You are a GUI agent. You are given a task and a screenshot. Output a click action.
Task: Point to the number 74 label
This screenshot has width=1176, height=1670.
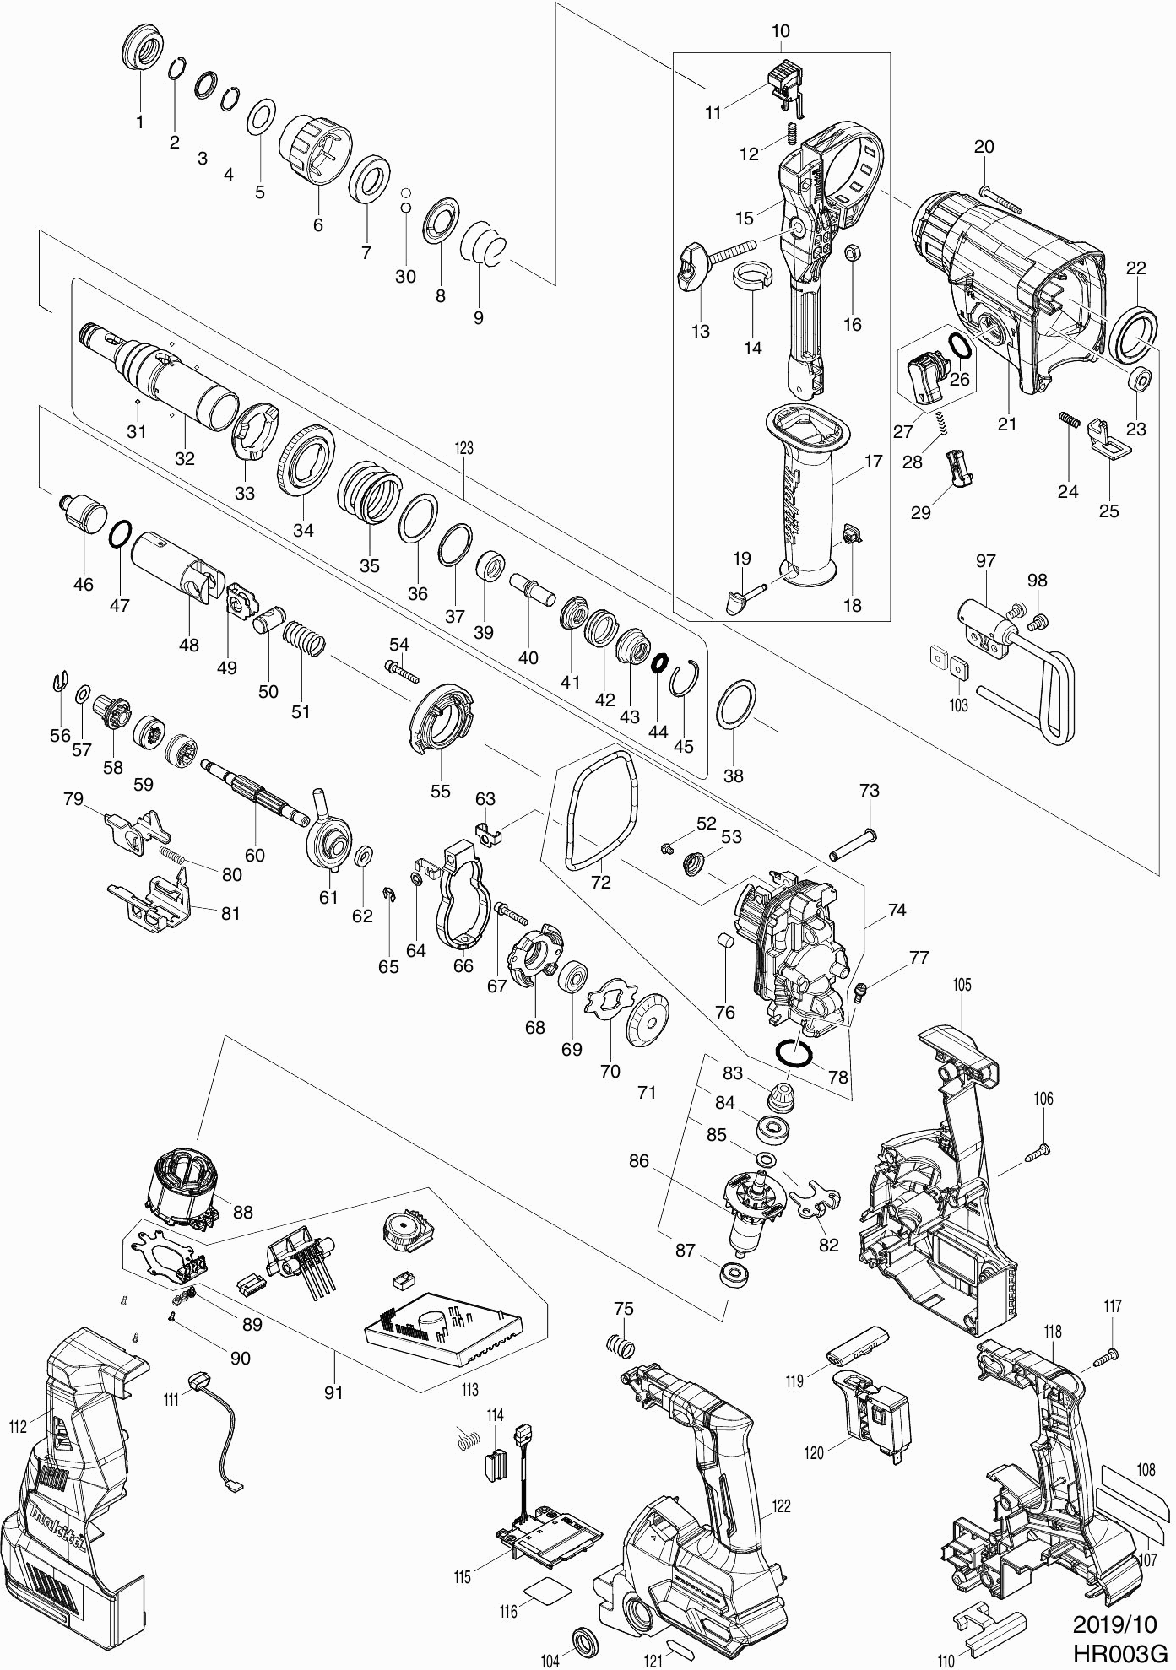[897, 911]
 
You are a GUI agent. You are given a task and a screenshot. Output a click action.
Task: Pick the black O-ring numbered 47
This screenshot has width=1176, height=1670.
[120, 534]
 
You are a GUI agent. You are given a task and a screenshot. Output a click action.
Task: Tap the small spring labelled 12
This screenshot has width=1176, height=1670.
[792, 133]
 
